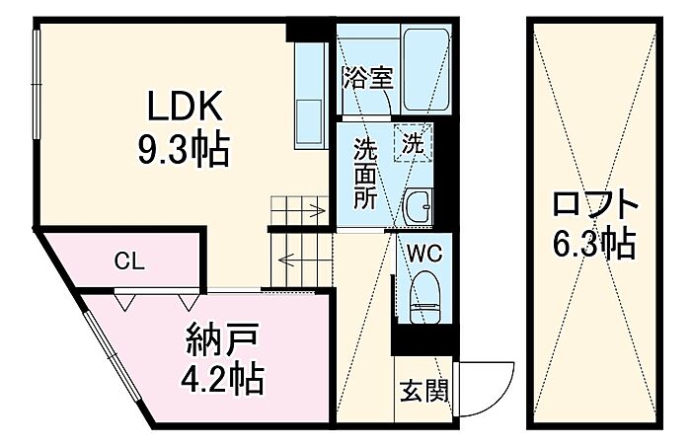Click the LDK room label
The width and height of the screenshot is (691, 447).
click(x=185, y=107)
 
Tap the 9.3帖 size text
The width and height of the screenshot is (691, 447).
click(x=184, y=149)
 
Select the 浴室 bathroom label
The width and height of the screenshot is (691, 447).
click(x=368, y=78)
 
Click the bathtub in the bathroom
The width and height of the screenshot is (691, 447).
click(x=427, y=69)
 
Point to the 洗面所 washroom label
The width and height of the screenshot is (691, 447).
click(x=366, y=173)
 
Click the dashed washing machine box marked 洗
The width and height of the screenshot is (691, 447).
click(x=413, y=143)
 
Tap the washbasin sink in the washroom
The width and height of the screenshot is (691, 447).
click(x=419, y=208)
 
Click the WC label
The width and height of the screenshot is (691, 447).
click(x=424, y=254)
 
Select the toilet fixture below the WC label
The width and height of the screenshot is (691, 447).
click(x=424, y=297)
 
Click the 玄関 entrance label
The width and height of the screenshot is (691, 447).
click(x=423, y=391)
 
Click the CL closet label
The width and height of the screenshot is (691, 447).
click(x=129, y=261)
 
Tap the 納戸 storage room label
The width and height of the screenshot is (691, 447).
click(x=222, y=340)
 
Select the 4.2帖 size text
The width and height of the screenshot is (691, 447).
click(x=222, y=378)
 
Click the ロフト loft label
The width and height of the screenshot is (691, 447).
click(x=595, y=205)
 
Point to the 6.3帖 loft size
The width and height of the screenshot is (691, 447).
click(x=594, y=243)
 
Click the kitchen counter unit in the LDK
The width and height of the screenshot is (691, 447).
click(x=311, y=95)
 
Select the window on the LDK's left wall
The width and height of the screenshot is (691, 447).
click(x=37, y=82)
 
